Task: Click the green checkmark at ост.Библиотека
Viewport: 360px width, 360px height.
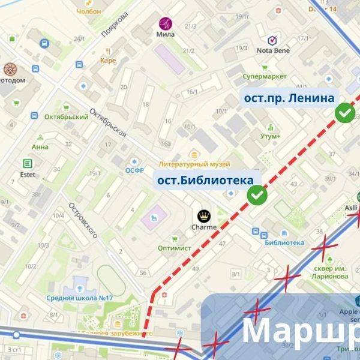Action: click(x=257, y=195)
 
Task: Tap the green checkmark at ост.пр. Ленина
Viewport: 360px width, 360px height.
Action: click(x=344, y=113)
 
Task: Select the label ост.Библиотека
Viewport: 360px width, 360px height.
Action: click(x=205, y=179)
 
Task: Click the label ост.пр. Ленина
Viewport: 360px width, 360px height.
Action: click(x=289, y=98)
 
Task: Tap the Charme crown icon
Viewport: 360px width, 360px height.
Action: click(x=204, y=215)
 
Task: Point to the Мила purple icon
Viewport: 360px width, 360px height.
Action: click(x=165, y=23)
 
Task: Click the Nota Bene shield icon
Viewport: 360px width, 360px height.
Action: click(x=272, y=40)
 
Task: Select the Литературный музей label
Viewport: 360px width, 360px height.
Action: click(x=194, y=164)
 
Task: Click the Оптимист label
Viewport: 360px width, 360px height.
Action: click(x=174, y=248)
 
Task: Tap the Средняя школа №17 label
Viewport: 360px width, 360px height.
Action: click(x=80, y=298)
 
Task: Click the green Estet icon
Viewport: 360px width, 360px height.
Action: click(x=28, y=163)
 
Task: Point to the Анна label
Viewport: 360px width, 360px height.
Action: click(x=40, y=146)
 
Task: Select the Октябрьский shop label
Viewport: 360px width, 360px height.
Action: click(x=66, y=116)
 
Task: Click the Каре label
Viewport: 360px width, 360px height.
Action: click(x=108, y=60)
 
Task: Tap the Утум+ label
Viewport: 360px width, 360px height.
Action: click(x=270, y=136)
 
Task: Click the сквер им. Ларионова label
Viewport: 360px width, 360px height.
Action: click(x=330, y=272)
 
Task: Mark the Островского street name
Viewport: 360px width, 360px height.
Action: click(x=83, y=220)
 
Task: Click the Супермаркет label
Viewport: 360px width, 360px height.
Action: click(x=264, y=77)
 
